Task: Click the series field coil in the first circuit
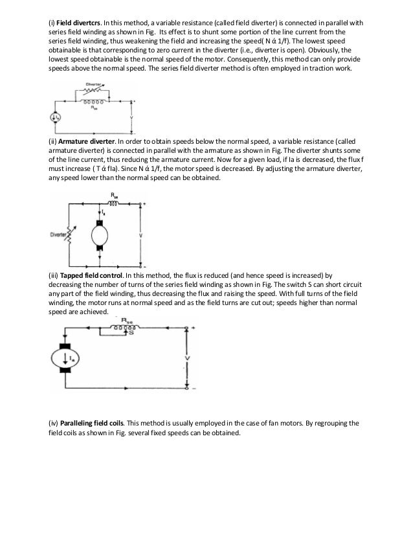click(x=96, y=102)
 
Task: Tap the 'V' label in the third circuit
click(x=186, y=358)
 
